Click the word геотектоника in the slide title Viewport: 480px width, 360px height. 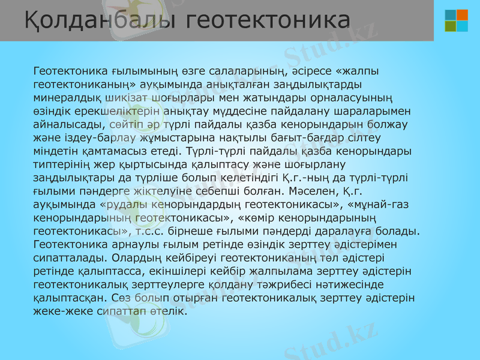click(268, 20)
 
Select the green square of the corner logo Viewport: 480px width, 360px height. click(451, 26)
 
